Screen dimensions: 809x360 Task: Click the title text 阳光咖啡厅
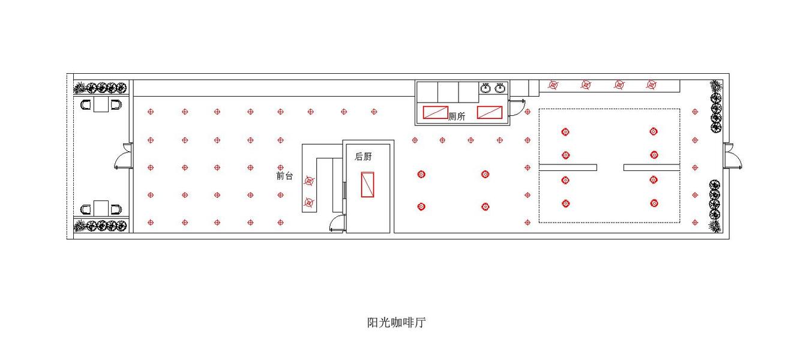[x=397, y=323]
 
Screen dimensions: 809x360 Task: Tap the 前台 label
[x=284, y=176]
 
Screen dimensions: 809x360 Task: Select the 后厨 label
[x=363, y=157]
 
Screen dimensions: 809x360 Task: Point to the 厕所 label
[x=457, y=117]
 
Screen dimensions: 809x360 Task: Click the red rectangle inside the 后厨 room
[x=368, y=184]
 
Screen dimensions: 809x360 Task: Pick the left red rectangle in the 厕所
[x=435, y=112]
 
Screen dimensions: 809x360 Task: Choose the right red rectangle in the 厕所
[x=490, y=112]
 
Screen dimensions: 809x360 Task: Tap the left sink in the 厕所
[x=486, y=89]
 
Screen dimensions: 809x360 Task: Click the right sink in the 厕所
[x=500, y=89]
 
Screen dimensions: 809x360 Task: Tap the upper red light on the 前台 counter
[x=309, y=180]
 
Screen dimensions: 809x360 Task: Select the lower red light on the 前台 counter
[x=309, y=202]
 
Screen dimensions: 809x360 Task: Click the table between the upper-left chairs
[x=101, y=105]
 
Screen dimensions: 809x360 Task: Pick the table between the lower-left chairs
[x=101, y=209]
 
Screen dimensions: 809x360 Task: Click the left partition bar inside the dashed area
[x=568, y=167]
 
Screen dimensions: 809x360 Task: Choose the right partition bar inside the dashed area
[x=651, y=167]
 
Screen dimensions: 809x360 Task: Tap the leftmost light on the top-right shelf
[x=553, y=85]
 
